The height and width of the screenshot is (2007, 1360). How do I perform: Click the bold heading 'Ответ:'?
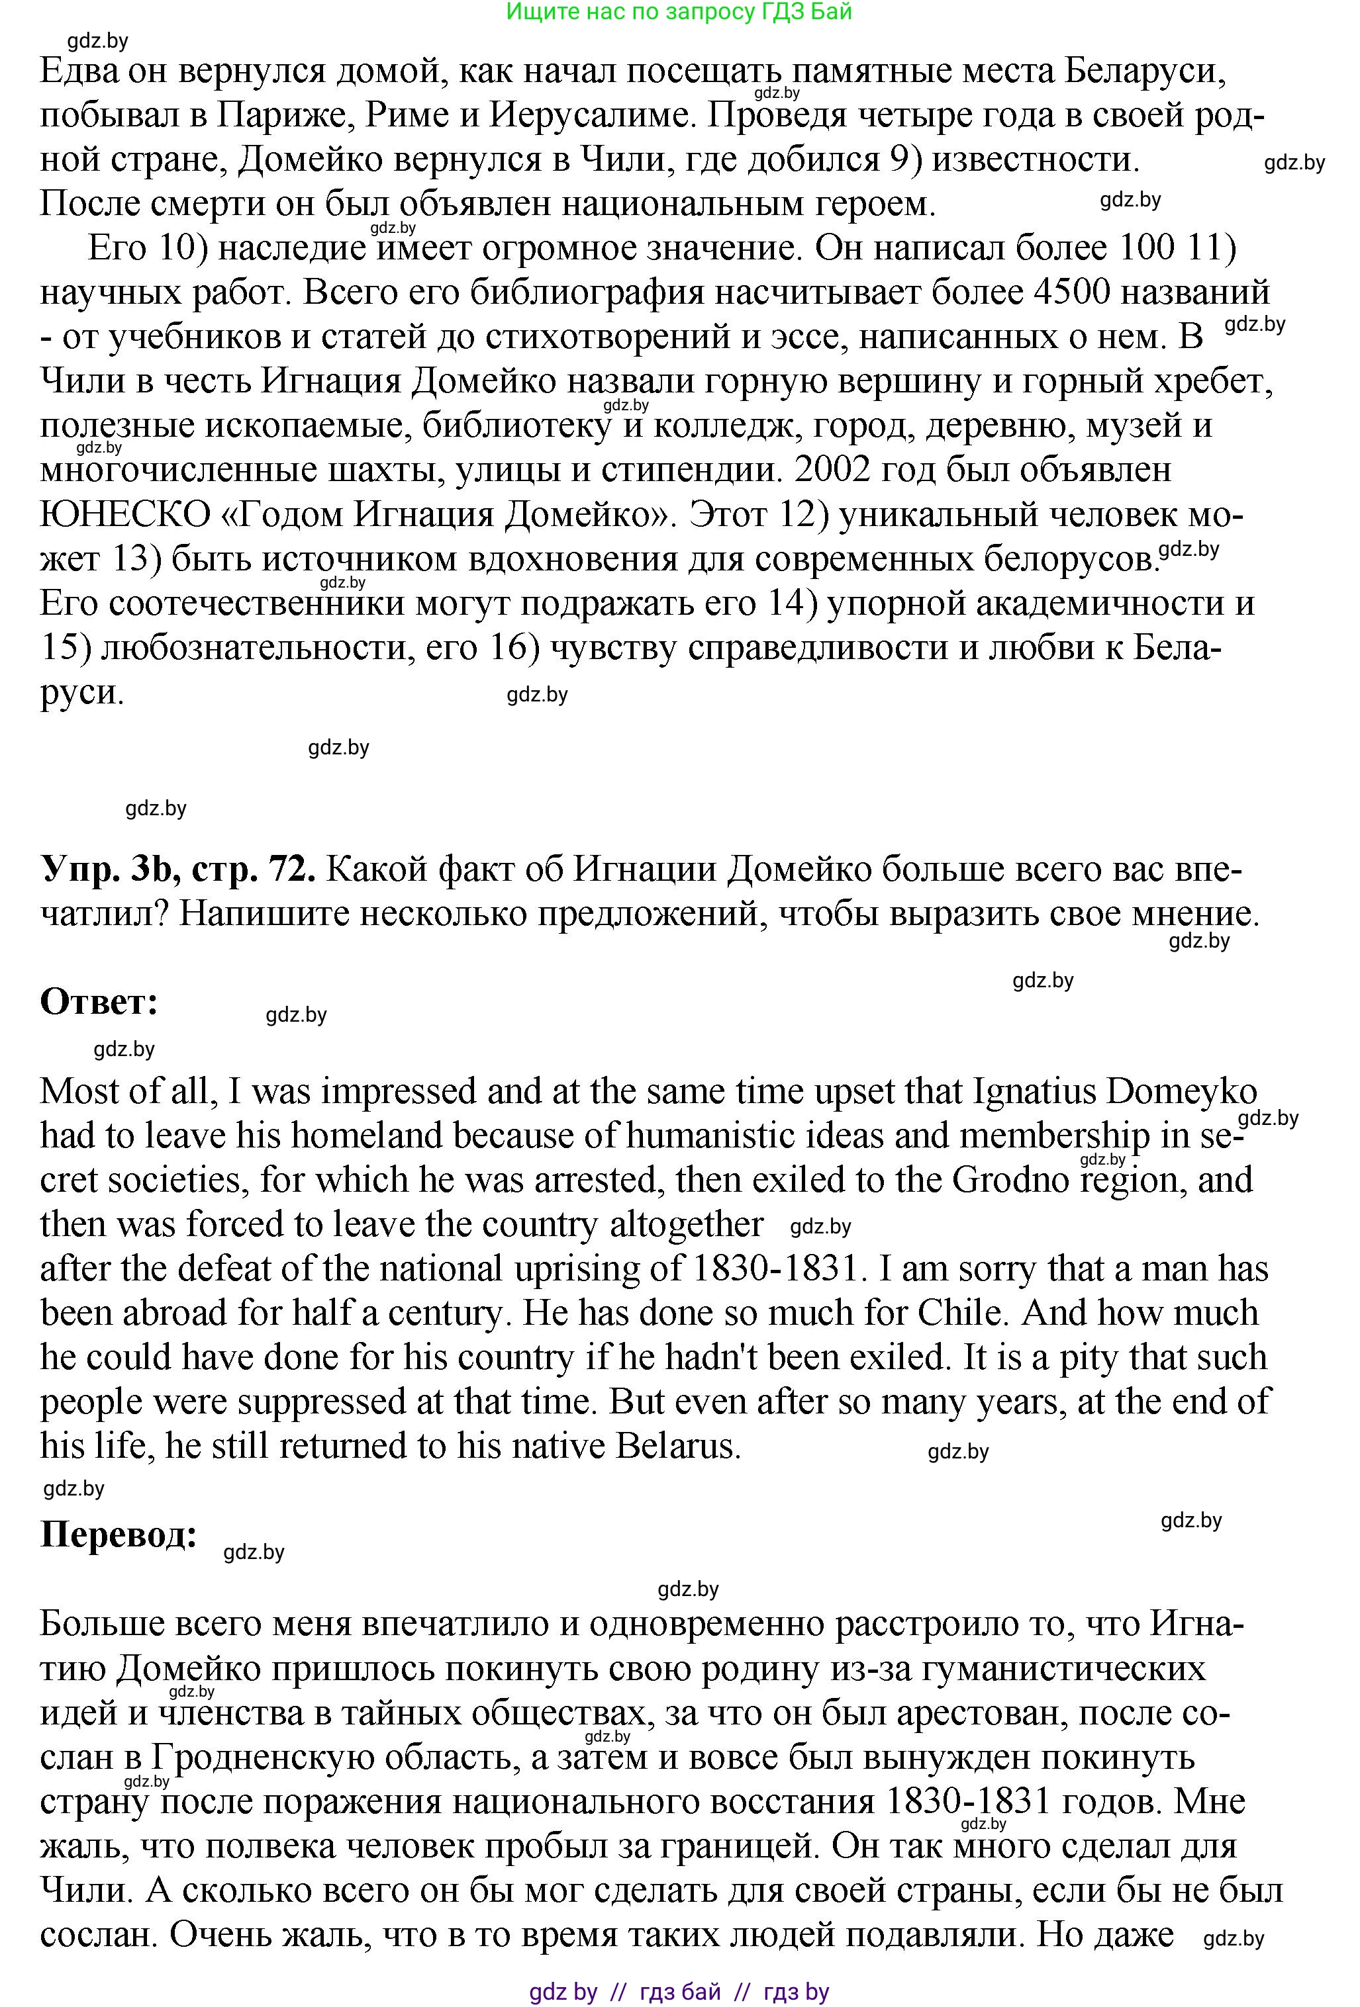point(99,1002)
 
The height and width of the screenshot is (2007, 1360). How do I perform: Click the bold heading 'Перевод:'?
point(119,1535)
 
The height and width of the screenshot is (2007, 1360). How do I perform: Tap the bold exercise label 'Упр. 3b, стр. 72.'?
point(177,870)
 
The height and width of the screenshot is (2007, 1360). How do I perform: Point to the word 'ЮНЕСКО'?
point(125,515)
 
